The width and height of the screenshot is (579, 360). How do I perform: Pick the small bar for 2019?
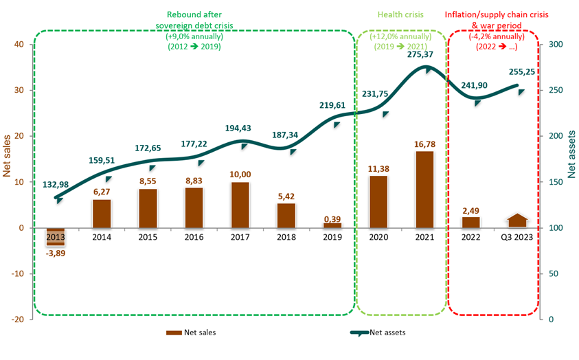[x=332, y=225]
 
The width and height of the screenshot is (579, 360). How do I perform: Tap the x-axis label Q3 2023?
[x=518, y=237]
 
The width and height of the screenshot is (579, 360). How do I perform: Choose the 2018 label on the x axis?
[x=286, y=237]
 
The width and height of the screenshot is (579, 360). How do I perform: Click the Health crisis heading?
[x=400, y=15]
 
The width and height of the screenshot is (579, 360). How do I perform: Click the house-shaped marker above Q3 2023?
[x=518, y=220]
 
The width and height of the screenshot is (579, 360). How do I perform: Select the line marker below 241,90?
[x=477, y=102]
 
